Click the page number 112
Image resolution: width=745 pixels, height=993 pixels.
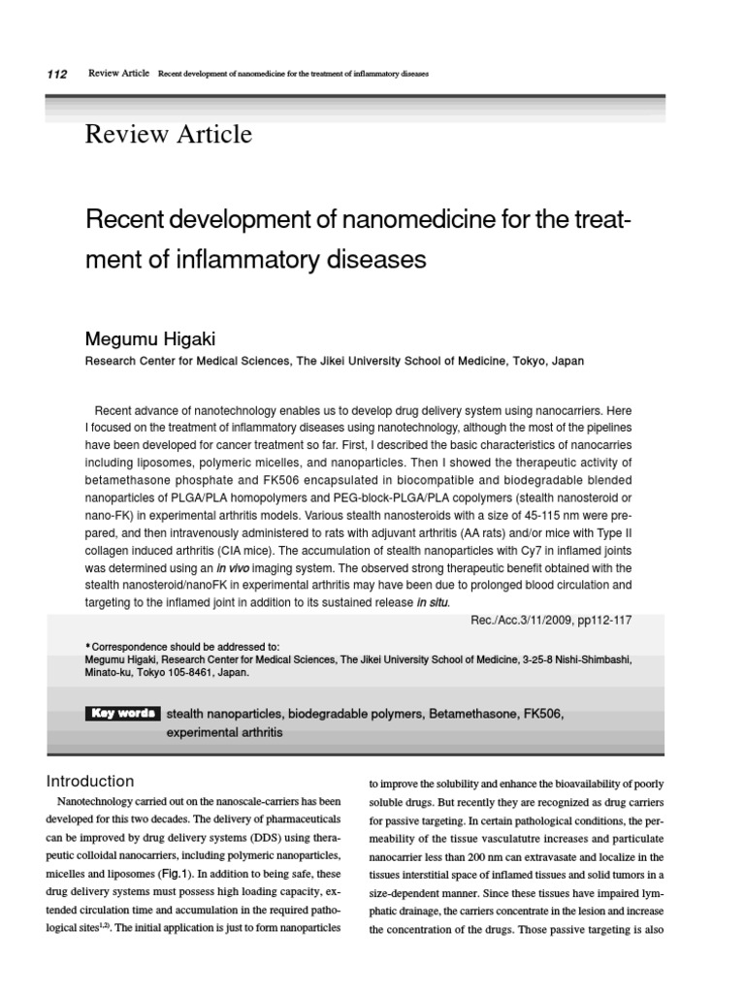tap(56, 75)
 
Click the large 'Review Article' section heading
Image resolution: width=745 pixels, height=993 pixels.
tap(169, 134)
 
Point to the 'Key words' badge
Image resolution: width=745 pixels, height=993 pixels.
tap(122, 714)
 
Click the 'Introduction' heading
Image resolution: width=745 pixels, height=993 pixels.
tap(91, 781)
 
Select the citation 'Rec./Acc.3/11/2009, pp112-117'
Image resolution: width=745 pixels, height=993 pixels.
tap(550, 617)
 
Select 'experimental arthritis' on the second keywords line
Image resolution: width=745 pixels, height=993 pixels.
tap(225, 732)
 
